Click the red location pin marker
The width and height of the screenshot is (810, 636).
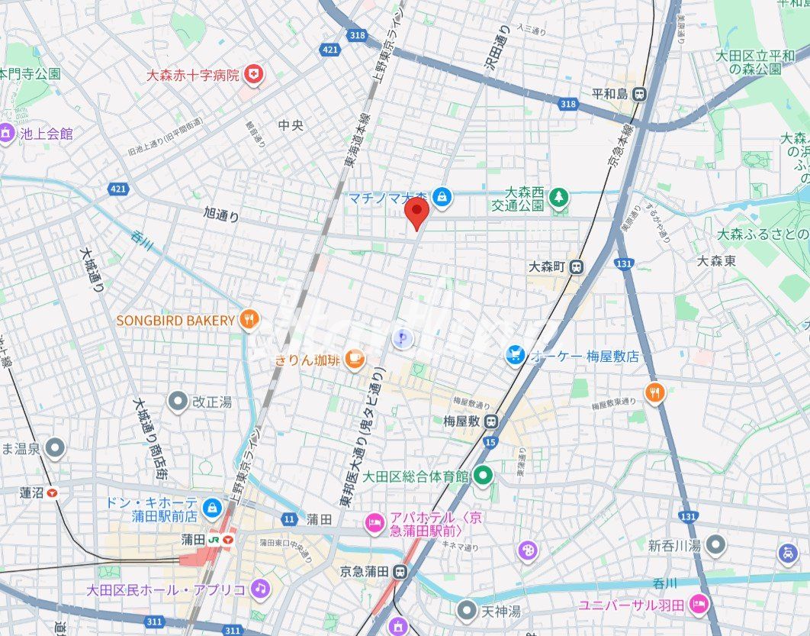(x=416, y=213)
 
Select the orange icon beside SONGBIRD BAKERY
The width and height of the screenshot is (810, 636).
(x=249, y=320)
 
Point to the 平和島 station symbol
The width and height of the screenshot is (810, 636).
(x=639, y=94)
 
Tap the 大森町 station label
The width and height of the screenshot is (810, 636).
(x=547, y=266)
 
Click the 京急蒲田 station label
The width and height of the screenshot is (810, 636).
(x=365, y=571)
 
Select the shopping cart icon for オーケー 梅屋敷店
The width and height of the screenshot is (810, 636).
(x=516, y=355)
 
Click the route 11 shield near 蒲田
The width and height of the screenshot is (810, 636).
(x=289, y=519)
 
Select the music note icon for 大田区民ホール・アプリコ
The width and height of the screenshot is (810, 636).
(x=261, y=589)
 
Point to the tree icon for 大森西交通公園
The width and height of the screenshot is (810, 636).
(x=560, y=198)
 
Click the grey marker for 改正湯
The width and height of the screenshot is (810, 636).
(x=178, y=401)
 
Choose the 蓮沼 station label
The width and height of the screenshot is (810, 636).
(x=31, y=492)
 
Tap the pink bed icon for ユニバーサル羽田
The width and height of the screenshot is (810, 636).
(x=697, y=605)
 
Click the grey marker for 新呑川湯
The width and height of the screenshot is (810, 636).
(x=715, y=545)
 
